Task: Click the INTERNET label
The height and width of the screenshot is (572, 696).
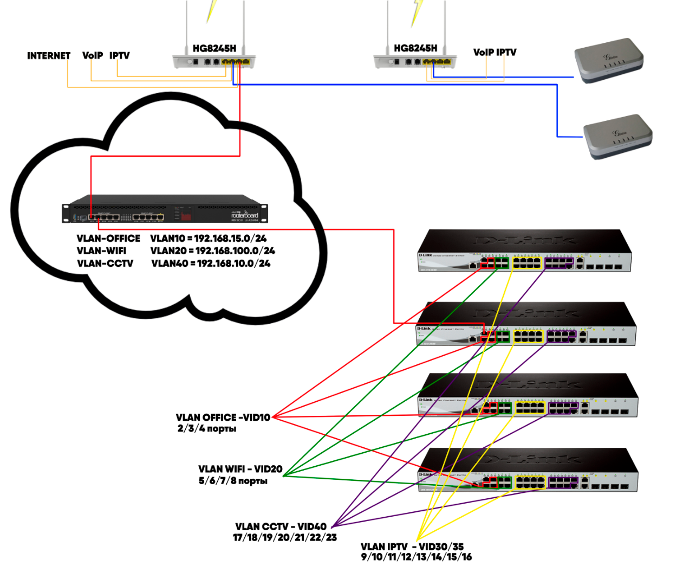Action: pos(49,56)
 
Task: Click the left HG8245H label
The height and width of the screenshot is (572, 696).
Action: pos(214,48)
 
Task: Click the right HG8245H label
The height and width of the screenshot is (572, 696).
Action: pos(415,48)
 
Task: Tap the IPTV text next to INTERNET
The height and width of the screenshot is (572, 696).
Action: pos(120,56)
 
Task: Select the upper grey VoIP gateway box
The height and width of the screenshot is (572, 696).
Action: pos(609,60)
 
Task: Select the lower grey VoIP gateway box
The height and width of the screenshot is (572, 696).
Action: pos(617,136)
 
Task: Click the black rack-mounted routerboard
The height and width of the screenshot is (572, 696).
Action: pos(165,209)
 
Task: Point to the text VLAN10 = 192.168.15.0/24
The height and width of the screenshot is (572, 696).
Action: pos(209,239)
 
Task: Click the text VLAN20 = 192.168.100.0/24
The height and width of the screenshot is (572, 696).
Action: pos(213,251)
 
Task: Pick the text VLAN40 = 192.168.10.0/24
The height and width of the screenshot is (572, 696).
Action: pos(211,263)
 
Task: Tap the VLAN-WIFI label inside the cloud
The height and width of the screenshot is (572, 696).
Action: pos(102,251)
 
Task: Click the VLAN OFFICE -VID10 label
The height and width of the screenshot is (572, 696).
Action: pos(223,417)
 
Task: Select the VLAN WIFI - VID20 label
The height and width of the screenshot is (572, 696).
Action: pos(240,469)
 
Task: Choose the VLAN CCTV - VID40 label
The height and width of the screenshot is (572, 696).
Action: pos(281,526)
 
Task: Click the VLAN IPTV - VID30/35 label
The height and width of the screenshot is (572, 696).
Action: pos(412,547)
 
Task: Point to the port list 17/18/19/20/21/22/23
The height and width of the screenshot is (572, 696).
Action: pos(285,538)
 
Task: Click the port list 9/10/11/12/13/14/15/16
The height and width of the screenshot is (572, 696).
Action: pos(417,557)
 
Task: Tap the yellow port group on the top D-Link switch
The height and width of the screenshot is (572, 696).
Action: pos(527,263)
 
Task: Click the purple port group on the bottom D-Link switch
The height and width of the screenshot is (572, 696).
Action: pos(563,482)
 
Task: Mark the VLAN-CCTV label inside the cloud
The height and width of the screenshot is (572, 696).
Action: pos(105,263)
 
